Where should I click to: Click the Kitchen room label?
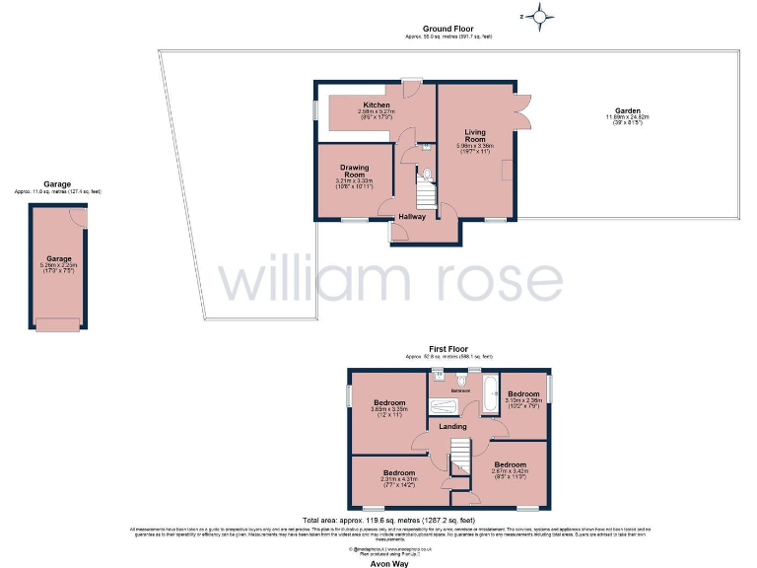point(376,105)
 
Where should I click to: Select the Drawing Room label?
point(354,171)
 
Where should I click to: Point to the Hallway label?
point(412,217)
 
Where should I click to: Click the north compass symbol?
point(539,15)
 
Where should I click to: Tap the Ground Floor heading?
point(449,30)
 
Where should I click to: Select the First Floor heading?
point(448,348)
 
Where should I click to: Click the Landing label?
point(452,426)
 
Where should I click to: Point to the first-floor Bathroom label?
point(461,391)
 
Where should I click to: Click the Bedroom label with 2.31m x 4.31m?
point(399,472)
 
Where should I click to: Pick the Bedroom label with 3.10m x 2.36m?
point(522,394)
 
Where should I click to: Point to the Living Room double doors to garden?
point(521,110)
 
